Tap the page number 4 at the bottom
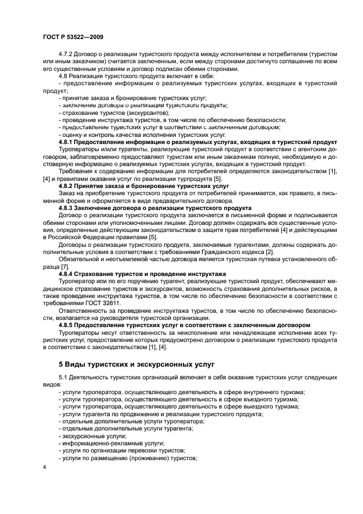coord(44,466)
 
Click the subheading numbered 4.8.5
coord(184,325)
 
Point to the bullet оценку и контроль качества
coord(143,135)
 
